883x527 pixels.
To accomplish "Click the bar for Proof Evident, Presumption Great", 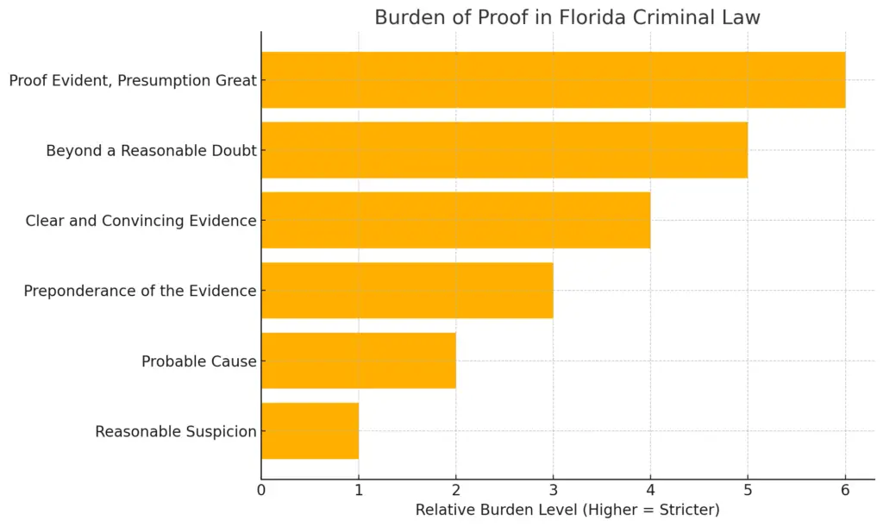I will (553, 80).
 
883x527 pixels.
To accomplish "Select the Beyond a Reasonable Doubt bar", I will (504, 150).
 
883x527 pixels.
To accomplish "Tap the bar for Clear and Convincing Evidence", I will (455, 220).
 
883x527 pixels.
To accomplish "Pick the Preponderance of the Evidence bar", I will (407, 291).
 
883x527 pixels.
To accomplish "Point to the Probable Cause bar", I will (358, 361).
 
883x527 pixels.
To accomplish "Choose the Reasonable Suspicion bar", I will (310, 430).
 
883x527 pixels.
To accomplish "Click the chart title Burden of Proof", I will (567, 17).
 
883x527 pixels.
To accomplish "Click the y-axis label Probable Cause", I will (199, 361).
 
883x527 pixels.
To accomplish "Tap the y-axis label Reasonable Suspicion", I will (176, 431).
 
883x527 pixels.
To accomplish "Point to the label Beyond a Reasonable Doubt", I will (151, 151).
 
